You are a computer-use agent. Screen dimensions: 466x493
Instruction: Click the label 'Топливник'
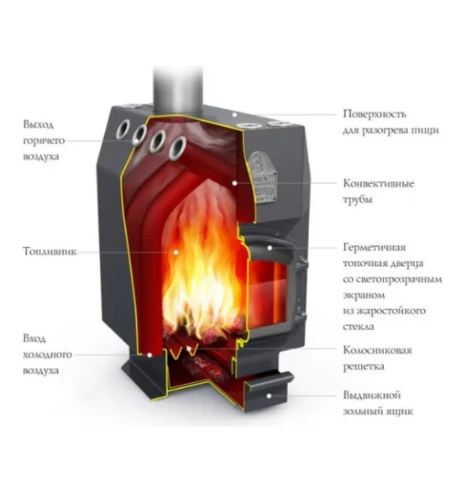pyautogui.click(x=50, y=251)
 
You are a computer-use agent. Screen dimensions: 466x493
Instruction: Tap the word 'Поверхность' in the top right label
pyautogui.click(x=374, y=114)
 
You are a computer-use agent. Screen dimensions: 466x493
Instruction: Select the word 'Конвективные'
pyautogui.click(x=379, y=183)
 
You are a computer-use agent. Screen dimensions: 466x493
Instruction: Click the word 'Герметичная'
pyautogui.click(x=374, y=248)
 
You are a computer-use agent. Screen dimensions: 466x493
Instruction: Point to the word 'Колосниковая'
pyautogui.click(x=377, y=350)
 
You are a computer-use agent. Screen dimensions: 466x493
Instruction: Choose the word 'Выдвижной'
pyautogui.click(x=372, y=396)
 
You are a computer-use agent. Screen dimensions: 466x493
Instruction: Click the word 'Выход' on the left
pyautogui.click(x=39, y=124)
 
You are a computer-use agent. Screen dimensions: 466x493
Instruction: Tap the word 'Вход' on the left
pyautogui.click(x=34, y=338)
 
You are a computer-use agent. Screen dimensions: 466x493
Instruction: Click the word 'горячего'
pyautogui.click(x=44, y=140)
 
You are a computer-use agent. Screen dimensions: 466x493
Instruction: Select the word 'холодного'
pyautogui.click(x=48, y=354)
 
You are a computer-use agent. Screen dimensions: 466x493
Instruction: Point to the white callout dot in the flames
pyautogui.click(x=176, y=252)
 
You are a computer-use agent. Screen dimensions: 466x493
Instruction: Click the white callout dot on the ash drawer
pyautogui.click(x=269, y=396)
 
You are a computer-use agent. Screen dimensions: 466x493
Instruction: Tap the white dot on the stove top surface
pyautogui.click(x=234, y=115)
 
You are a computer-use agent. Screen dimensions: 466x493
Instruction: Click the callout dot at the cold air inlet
pyautogui.click(x=149, y=355)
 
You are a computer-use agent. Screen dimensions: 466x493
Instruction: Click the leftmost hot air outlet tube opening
pyautogui.click(x=123, y=129)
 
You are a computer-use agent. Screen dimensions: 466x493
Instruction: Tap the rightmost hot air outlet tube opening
pyautogui.click(x=177, y=148)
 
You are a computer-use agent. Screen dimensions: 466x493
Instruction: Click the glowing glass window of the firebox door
pyautogui.click(x=268, y=293)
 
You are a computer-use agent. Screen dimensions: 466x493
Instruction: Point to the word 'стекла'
pyautogui.click(x=359, y=327)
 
